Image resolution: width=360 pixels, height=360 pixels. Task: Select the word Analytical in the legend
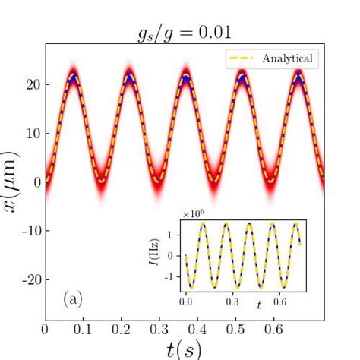click(x=286, y=58)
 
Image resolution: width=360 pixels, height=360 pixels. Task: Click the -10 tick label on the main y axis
click(x=28, y=230)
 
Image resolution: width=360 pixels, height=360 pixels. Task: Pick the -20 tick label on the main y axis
click(x=28, y=279)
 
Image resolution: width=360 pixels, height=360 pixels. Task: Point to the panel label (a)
click(x=73, y=299)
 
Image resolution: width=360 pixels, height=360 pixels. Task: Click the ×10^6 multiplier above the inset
click(x=194, y=214)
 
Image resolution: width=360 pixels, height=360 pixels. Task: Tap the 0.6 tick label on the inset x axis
click(x=280, y=302)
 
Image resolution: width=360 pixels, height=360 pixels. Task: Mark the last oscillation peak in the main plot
click(x=298, y=77)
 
